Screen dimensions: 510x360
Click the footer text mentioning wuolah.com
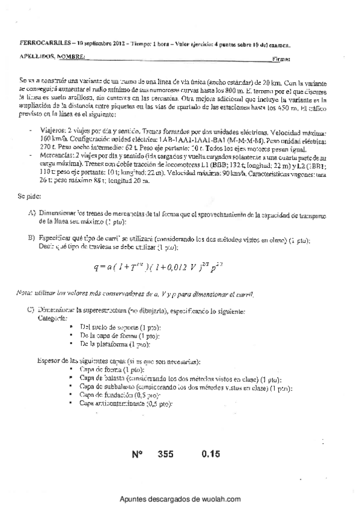point(180,499)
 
